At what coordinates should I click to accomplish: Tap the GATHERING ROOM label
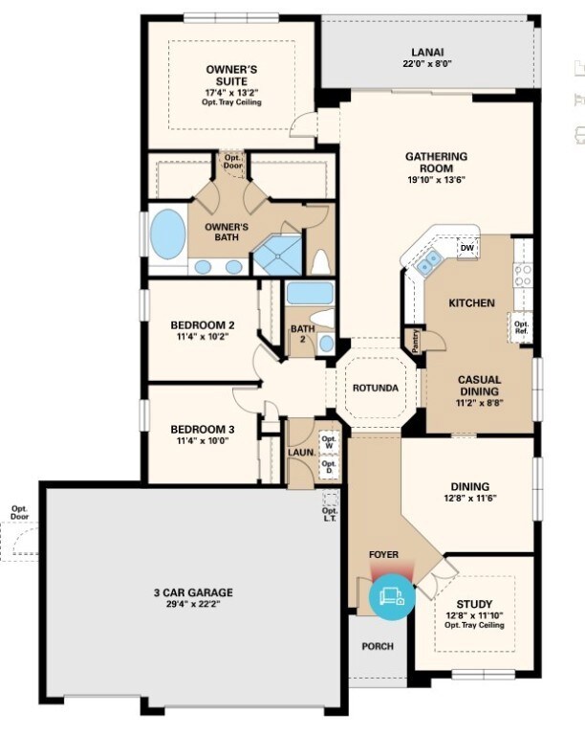pyautogui.click(x=436, y=156)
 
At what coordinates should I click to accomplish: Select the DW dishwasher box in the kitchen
pyautogui.click(x=466, y=248)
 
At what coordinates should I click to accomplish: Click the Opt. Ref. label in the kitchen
pyautogui.click(x=522, y=327)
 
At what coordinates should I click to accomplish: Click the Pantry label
pyautogui.click(x=416, y=342)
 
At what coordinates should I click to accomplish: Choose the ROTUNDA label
pyautogui.click(x=375, y=388)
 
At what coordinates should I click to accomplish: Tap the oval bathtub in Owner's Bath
pyautogui.click(x=169, y=234)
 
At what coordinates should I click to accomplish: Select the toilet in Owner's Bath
pyautogui.click(x=321, y=261)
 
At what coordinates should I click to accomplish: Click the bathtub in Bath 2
pyautogui.click(x=310, y=293)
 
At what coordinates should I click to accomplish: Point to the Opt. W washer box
pyautogui.click(x=329, y=442)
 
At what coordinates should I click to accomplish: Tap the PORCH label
pyautogui.click(x=378, y=646)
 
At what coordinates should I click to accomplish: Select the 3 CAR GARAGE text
pyautogui.click(x=194, y=592)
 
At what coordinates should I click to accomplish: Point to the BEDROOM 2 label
pyautogui.click(x=203, y=324)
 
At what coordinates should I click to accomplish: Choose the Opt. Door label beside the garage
pyautogui.click(x=19, y=513)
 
